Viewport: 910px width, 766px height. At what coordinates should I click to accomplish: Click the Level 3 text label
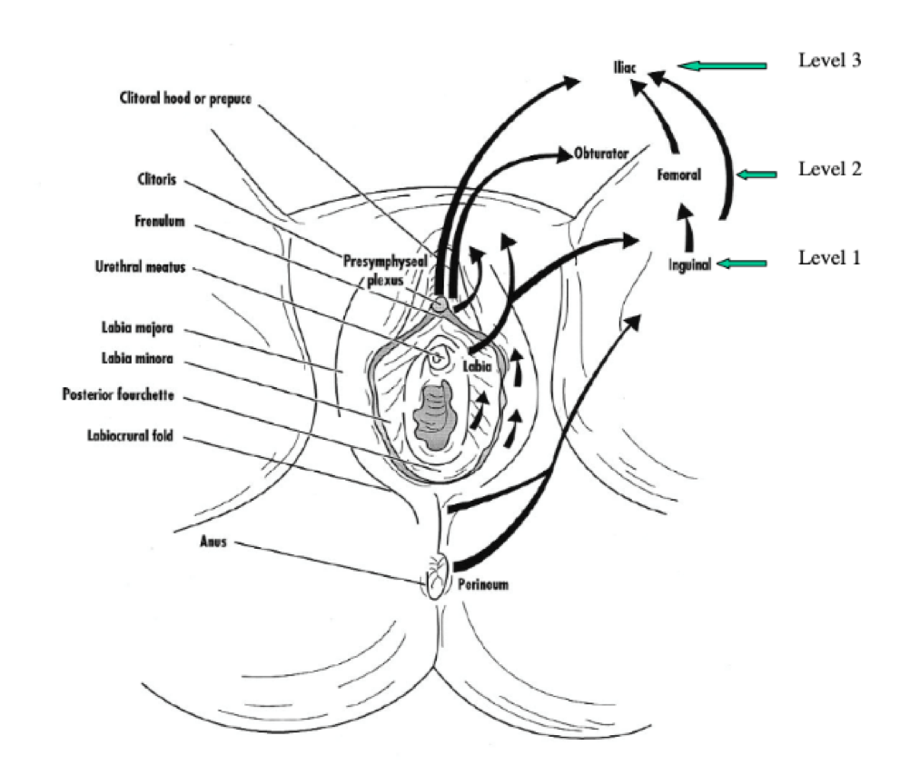tap(828, 62)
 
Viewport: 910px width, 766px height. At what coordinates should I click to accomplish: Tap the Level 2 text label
tap(828, 169)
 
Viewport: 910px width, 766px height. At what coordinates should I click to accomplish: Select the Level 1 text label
tap(828, 257)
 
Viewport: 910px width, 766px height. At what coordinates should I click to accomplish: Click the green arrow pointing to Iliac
tap(722, 65)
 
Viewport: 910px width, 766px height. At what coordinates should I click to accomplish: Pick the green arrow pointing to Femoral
tap(756, 174)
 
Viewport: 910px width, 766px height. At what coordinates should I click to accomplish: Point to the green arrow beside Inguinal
tap(741, 264)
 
